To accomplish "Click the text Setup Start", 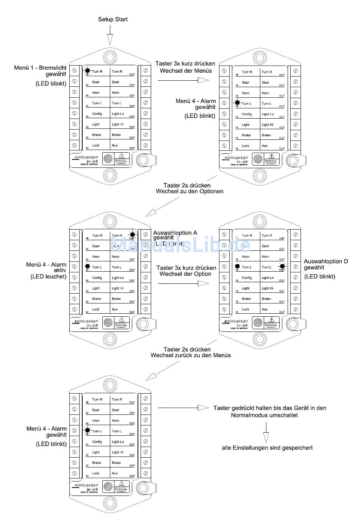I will click(113, 19).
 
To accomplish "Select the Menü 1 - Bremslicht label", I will click(40, 68).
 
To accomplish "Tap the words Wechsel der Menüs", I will click(186, 71).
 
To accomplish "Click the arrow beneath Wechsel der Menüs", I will click(183, 80).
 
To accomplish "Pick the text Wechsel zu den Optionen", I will click(189, 191).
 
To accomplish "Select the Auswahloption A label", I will click(175, 233).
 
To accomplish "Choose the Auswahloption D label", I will click(326, 261).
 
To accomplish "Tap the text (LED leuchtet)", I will click(49, 277).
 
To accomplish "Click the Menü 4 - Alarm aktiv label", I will click(46, 267).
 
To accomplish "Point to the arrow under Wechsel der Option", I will click(183, 283).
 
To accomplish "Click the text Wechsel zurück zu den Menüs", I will click(191, 355).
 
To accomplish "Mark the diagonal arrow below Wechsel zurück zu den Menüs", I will click(163, 370).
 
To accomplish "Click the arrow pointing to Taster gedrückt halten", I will click(183, 408).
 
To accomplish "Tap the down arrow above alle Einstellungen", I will click(266, 432).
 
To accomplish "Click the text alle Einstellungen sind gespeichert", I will click(267, 448).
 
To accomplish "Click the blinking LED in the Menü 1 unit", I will click(88, 70).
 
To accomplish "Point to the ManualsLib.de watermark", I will click(180, 245).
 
